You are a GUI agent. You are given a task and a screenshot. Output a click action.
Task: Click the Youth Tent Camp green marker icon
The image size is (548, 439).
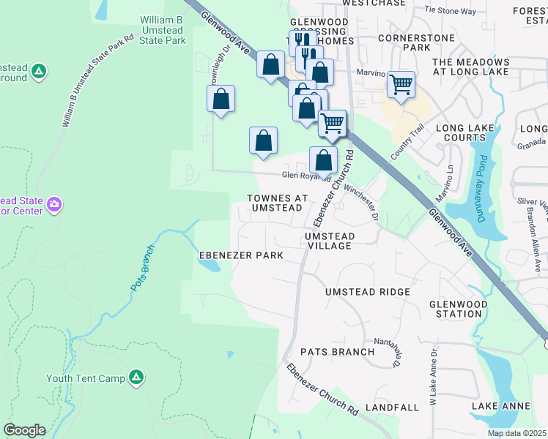(x=136, y=377)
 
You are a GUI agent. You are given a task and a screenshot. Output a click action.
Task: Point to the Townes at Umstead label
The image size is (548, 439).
(x=276, y=203)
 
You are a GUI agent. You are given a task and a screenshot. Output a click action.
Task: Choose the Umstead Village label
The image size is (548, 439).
(x=330, y=241)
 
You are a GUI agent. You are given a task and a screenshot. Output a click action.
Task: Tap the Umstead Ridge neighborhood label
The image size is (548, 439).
(x=368, y=292)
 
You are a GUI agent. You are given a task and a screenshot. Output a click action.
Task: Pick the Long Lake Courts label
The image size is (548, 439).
(x=470, y=132)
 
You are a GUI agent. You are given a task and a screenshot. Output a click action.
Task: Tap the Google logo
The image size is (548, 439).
(x=24, y=430)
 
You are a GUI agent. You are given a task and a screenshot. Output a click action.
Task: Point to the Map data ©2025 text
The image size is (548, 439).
(x=517, y=433)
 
